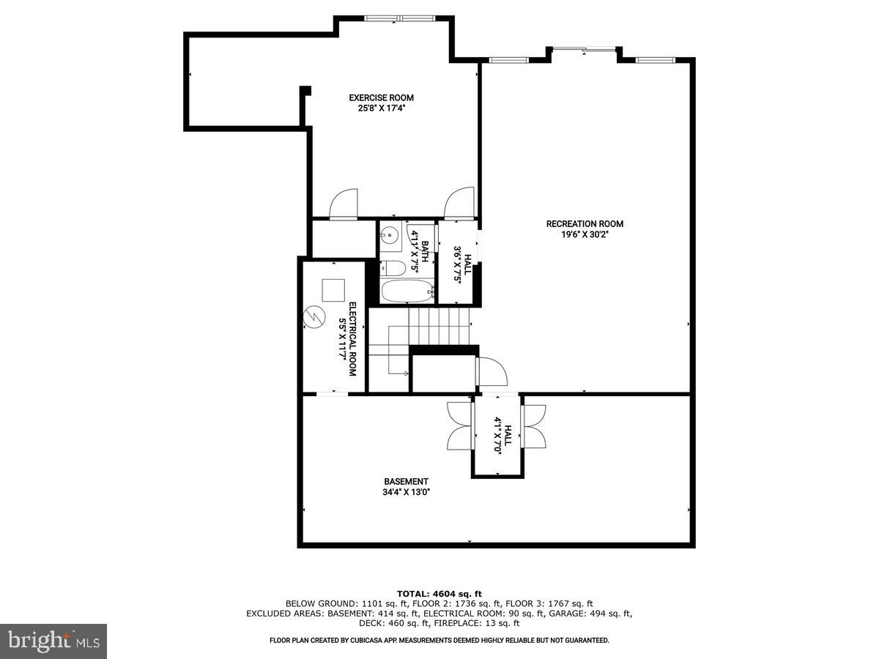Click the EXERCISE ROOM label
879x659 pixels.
pos(381,97)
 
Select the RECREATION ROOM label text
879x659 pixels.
pos(585,224)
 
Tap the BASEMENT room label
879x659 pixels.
pos(406,481)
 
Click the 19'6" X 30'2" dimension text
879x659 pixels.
pos(585,234)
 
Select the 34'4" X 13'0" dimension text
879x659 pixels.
pos(406,492)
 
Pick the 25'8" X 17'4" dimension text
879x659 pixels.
pos(381,108)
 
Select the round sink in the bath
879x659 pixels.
pos(389,236)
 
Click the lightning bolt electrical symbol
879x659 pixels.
pos(314,317)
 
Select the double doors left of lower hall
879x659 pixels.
pos(460,425)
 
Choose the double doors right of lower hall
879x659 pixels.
pos(534,425)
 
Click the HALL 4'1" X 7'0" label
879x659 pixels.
pos(498,436)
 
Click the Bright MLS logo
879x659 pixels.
pos(54,641)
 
